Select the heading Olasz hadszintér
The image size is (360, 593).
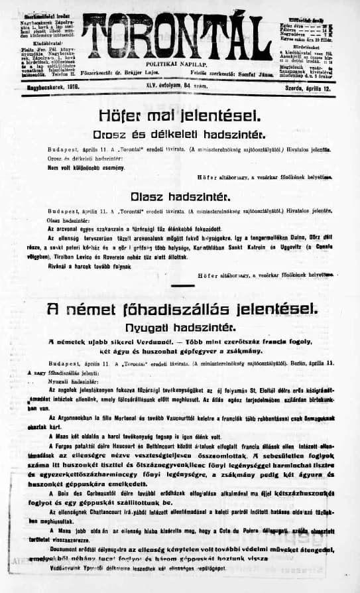(180, 197)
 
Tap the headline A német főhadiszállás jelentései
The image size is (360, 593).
(180, 308)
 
